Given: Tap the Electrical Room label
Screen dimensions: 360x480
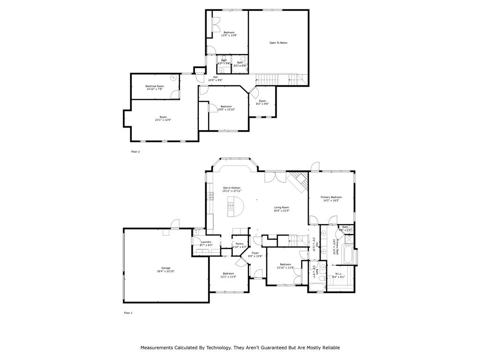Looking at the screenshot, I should [x=154, y=86].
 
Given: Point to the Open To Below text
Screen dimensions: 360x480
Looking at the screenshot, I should [x=278, y=43].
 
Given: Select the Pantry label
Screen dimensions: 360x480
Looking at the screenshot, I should [x=240, y=244].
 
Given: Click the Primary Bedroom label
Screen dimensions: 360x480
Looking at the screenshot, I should [x=331, y=197].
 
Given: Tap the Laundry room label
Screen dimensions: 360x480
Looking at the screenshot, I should [x=206, y=242].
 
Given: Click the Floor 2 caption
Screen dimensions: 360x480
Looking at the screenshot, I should [x=135, y=152].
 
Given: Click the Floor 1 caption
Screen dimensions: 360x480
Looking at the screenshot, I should [x=128, y=313].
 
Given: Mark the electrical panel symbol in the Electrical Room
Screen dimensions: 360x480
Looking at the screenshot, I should [x=173, y=77].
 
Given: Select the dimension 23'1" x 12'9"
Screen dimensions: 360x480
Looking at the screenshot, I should [x=163, y=120].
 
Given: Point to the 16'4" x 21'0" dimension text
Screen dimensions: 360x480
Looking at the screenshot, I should [x=282, y=210].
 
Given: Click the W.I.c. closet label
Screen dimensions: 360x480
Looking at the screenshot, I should [x=338, y=274].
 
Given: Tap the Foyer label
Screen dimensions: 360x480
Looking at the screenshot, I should [x=255, y=253].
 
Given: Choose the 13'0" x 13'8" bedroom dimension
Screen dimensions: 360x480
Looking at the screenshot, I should [x=229, y=35].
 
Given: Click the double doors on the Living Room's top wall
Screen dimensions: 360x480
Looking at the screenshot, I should [x=275, y=177].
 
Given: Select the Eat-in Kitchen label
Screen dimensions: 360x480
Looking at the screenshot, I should [x=232, y=188].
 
